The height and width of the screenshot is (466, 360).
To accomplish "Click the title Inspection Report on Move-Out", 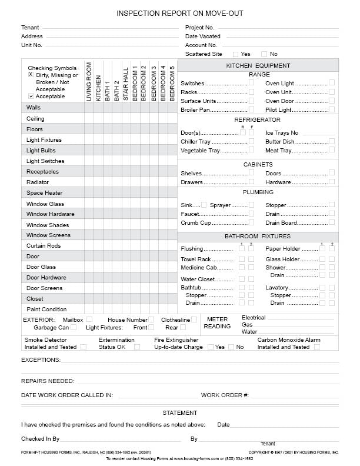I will tap(179, 13).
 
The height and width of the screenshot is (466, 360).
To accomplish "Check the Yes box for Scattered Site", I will tap(235, 54).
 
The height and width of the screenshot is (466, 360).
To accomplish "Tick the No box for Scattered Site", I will tap(264, 54).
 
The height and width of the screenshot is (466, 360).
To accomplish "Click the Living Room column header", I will tap(89, 82).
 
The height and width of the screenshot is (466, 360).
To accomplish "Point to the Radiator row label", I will tap(38, 182).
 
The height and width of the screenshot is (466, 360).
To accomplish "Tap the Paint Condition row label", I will tap(46, 309).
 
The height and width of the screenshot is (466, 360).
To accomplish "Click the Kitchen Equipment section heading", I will tap(258, 66).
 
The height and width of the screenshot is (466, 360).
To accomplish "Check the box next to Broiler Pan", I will tap(252, 109).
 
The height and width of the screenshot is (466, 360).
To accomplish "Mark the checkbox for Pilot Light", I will tap(332, 109).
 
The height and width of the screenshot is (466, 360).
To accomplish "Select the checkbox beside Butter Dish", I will tap(332, 142).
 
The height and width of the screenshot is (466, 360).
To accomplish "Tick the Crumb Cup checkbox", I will tap(252, 223).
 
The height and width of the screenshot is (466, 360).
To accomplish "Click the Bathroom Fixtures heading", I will tap(258, 236).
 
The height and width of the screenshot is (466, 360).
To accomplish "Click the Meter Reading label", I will tap(217, 322).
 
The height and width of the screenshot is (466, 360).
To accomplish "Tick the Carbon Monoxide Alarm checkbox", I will tap(317, 347).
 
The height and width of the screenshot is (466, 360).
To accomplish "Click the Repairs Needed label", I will tap(48, 381).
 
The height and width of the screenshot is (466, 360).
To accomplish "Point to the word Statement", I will tap(179, 413).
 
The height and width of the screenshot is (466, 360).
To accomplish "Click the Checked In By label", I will tap(41, 439).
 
